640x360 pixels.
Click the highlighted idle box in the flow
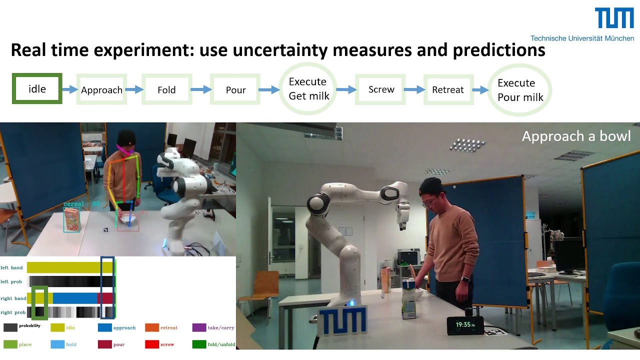coord(37,89)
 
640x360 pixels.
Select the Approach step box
coord(101,89)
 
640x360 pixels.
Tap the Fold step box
coord(166,89)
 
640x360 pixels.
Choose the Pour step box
coord(235,89)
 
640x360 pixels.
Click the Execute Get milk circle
coord(307,88)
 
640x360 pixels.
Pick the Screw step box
coord(381,89)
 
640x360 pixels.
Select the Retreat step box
coord(447,89)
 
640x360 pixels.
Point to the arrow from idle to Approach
coord(69,89)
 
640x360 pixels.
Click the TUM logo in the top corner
coord(614,18)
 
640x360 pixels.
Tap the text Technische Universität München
coord(582,38)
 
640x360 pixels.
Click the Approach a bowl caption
coord(576,136)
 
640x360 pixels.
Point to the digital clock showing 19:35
coord(465,325)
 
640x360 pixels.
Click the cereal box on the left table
coord(71,220)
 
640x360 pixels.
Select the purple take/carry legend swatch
coord(199,328)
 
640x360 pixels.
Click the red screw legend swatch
coord(151,344)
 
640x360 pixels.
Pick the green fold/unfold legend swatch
coord(199,344)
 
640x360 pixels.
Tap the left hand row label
coord(11,267)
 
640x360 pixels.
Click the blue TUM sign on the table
coord(342,321)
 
